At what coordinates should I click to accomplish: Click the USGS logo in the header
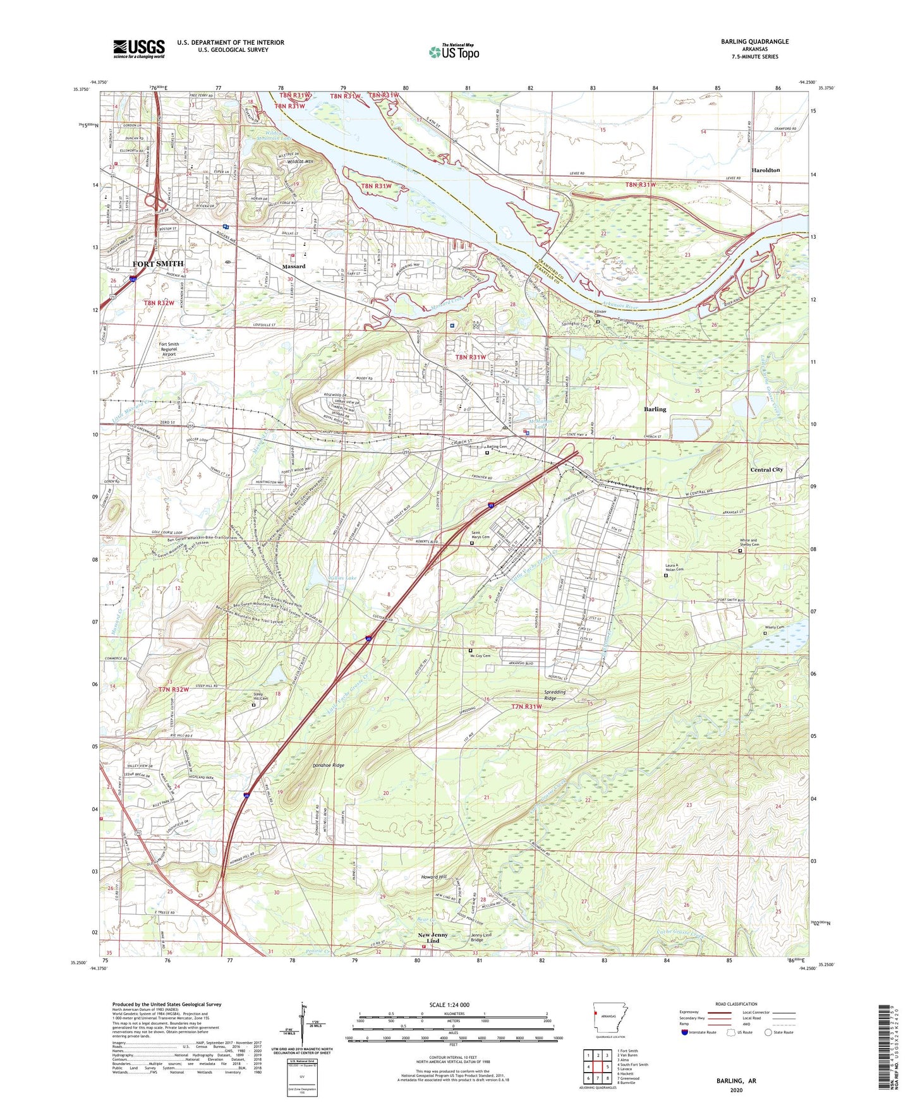139,49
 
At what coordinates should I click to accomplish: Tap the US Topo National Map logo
454,52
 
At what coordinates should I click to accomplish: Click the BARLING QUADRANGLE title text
754,42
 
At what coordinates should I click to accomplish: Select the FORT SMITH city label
157,263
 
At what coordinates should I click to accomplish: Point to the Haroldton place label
765,171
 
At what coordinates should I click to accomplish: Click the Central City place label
766,469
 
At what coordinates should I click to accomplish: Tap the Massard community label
293,267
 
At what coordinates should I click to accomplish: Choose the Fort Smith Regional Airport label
169,349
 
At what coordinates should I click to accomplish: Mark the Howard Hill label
434,877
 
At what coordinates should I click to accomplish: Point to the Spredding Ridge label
555,695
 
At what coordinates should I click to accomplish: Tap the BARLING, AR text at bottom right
736,1081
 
